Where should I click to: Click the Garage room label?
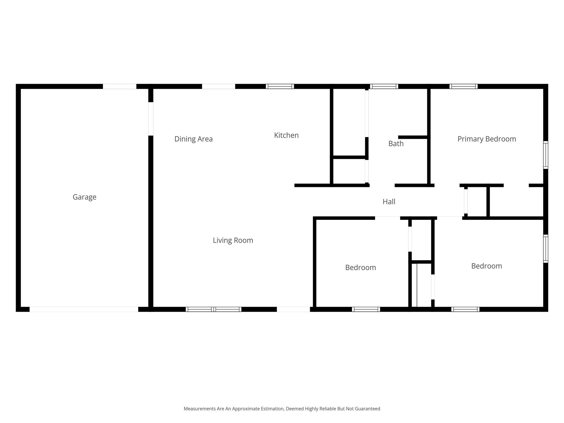click(85, 197)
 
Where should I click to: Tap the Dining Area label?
click(194, 139)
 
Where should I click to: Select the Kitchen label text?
click(286, 135)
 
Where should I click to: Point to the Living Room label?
click(233, 240)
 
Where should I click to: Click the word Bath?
click(396, 143)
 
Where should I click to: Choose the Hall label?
click(389, 202)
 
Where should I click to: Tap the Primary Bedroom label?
click(487, 139)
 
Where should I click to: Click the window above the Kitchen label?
click(280, 86)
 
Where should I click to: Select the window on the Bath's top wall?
click(384, 86)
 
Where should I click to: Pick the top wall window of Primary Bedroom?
click(463, 86)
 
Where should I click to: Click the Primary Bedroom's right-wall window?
click(546, 155)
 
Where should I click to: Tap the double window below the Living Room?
click(213, 309)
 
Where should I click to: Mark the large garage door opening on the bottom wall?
click(84, 309)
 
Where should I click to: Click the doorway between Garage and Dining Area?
click(151, 119)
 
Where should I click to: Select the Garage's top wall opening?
click(120, 86)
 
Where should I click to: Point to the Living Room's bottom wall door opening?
click(293, 309)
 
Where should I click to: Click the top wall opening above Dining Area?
click(218, 86)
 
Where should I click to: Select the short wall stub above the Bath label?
click(413, 137)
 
